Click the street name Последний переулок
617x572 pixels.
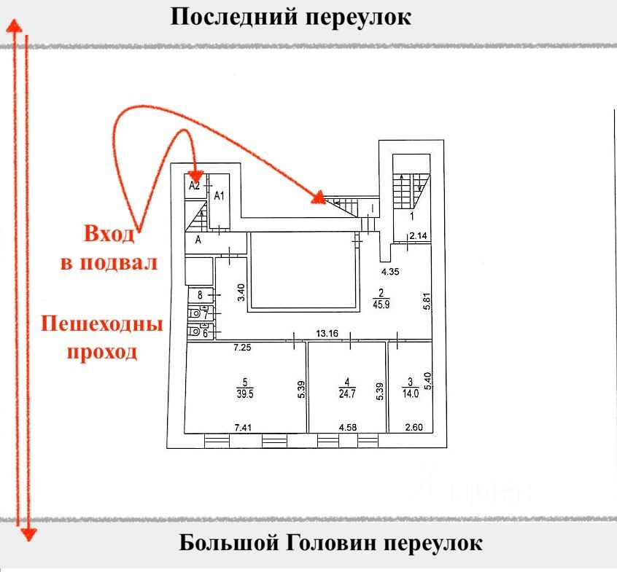tap(290, 17)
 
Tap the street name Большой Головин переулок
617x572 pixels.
tap(330, 544)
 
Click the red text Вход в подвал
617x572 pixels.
tap(109, 248)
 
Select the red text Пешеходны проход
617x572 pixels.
tap(101, 337)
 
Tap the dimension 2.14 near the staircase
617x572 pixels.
tap(417, 236)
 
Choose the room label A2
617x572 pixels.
tap(194, 186)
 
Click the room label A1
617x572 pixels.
tap(219, 195)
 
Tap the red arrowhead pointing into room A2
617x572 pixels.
tap(195, 176)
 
